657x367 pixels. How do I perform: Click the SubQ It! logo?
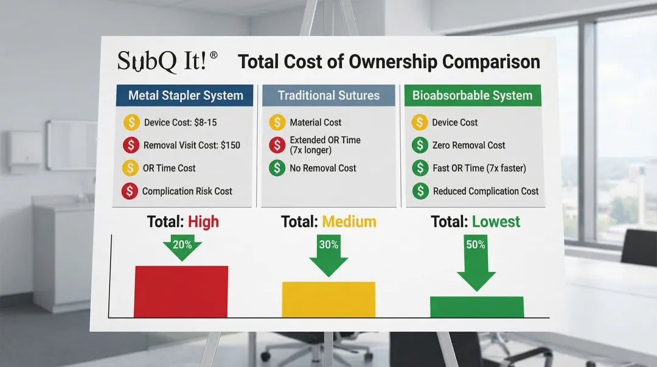coord(167,61)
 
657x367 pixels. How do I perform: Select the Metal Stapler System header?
coord(185,95)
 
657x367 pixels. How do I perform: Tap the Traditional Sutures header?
coord(328,95)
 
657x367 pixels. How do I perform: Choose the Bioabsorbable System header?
coord(473,95)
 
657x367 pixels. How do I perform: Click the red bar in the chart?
coord(181,292)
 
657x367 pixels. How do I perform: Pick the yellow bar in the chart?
coord(328,299)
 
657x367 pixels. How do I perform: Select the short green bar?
coord(477,307)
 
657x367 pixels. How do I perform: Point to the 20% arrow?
coord(182,248)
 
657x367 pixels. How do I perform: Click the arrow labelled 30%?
coord(328,255)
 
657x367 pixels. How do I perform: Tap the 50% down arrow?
coord(476,262)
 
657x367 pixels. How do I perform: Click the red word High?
coord(203,222)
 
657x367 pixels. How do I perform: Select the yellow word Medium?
coord(349,222)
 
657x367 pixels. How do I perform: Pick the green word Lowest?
coord(496,222)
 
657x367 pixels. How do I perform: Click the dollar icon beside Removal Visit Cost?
coord(131,145)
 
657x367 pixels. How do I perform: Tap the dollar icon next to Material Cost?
coord(277,122)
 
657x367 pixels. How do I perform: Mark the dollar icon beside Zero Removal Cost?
coord(420,145)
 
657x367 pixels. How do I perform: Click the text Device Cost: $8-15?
coord(180,122)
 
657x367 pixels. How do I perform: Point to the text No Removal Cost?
coord(322,168)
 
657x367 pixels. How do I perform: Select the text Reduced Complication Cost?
coord(485,191)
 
